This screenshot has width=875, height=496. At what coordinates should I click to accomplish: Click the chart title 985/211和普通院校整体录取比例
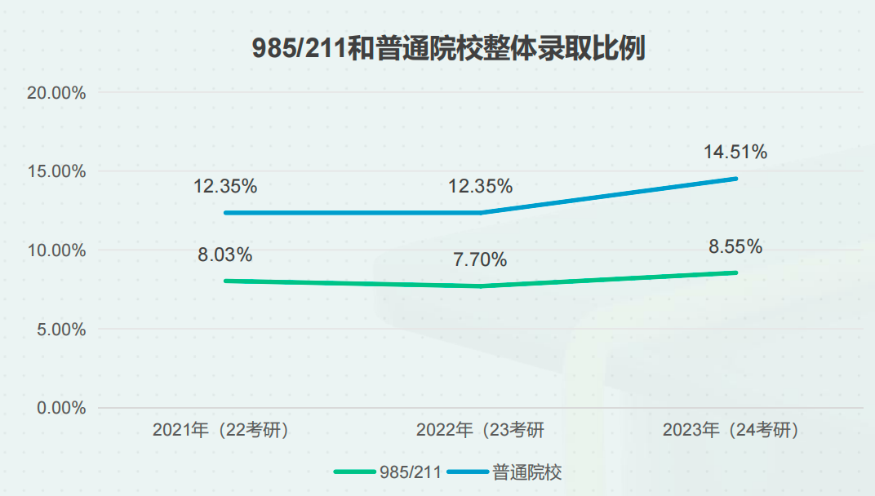click(x=447, y=48)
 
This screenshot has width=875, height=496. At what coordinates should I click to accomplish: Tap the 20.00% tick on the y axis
click(x=56, y=93)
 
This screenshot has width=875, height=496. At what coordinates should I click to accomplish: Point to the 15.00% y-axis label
click(x=56, y=171)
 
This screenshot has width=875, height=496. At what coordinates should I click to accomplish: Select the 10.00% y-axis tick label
click(x=56, y=250)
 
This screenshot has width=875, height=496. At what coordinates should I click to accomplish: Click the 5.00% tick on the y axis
click(x=60, y=330)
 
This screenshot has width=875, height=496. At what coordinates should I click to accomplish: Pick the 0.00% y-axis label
click(x=60, y=408)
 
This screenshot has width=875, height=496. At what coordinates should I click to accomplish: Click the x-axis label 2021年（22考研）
click(x=221, y=430)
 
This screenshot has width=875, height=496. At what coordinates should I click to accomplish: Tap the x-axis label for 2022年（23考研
click(x=480, y=430)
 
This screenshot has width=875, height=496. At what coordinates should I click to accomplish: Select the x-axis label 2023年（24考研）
click(x=731, y=430)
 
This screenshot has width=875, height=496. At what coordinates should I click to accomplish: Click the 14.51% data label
click(x=735, y=152)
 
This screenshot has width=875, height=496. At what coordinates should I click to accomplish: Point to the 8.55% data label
click(x=735, y=246)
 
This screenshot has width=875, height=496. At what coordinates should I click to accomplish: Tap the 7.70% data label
click(x=480, y=260)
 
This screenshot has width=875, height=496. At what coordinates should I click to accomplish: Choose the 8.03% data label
click(x=224, y=255)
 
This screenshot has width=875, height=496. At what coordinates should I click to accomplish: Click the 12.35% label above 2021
click(x=225, y=186)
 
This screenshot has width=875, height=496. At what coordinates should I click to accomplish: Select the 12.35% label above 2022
click(x=480, y=186)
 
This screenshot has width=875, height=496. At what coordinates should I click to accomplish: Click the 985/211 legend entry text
click(x=411, y=472)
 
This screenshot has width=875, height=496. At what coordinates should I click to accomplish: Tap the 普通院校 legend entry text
click(x=527, y=472)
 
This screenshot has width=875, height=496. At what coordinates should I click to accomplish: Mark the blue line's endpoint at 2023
click(x=736, y=179)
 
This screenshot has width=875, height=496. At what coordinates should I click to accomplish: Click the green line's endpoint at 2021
click(x=225, y=281)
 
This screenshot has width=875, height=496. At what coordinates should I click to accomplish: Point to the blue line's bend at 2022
click(x=481, y=213)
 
